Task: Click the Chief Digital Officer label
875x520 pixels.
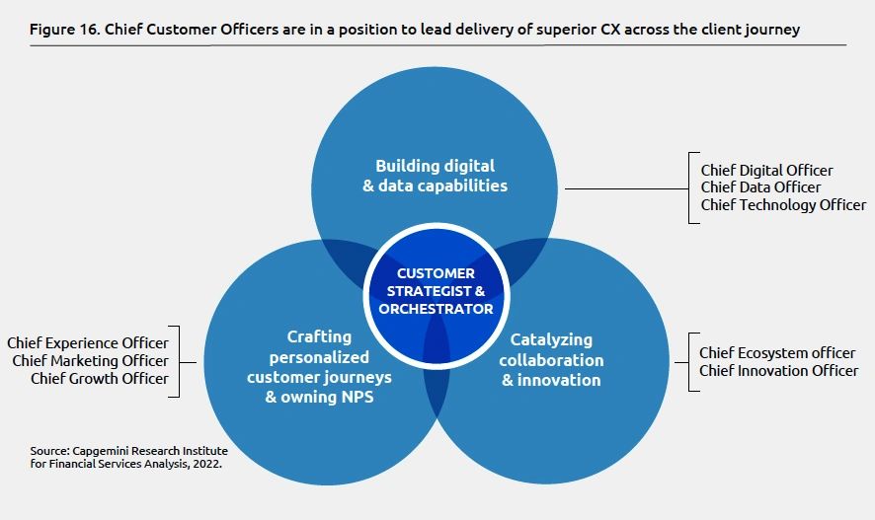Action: (x=766, y=171)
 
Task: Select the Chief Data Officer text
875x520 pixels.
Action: (x=760, y=187)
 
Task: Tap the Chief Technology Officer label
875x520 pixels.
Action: (x=783, y=205)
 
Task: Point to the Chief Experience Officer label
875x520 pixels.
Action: (x=88, y=343)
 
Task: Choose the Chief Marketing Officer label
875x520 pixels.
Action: (x=90, y=361)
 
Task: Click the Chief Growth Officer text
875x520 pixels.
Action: (x=99, y=378)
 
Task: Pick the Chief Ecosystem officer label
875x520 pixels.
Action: (x=777, y=352)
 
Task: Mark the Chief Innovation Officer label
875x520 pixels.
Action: (x=778, y=370)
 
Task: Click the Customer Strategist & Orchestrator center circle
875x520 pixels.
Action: (x=436, y=291)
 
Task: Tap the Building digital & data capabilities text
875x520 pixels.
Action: (x=436, y=176)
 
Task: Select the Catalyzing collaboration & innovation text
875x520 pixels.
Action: (x=552, y=360)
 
